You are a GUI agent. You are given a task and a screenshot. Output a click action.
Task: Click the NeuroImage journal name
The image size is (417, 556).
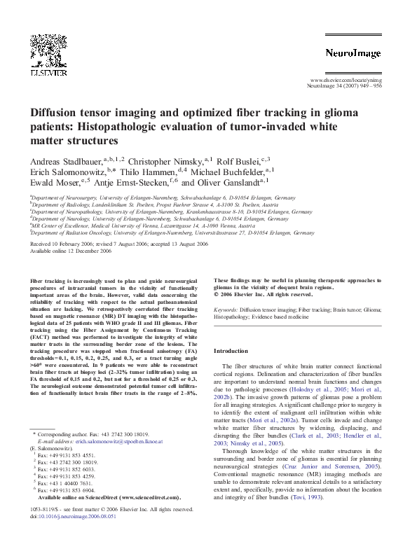click(x=353, y=53)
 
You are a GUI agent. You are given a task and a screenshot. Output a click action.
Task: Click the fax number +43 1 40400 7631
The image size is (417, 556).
click(x=68, y=483)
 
